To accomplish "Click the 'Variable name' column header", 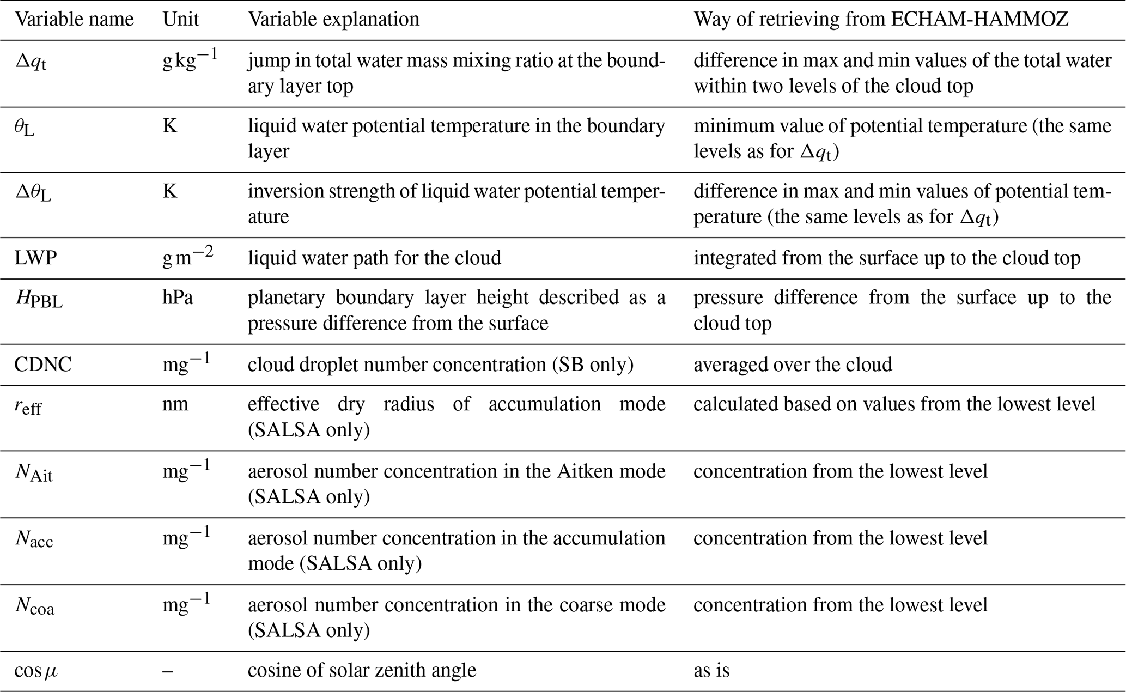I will pyautogui.click(x=74, y=20).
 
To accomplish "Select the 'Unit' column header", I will pyautogui.click(x=181, y=20).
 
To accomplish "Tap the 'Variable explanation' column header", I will pyautogui.click(x=333, y=20).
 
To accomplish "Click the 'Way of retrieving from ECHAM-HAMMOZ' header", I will pyautogui.click(x=881, y=20).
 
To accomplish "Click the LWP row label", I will pyautogui.click(x=36, y=258).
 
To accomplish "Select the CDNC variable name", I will pyautogui.click(x=43, y=365).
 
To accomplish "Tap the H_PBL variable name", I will pyautogui.click(x=39, y=299).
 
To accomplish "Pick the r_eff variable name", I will pyautogui.click(x=28, y=406).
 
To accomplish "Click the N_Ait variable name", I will pyautogui.click(x=34, y=472).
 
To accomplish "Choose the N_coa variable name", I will pyautogui.click(x=35, y=606).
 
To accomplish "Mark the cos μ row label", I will pyautogui.click(x=36, y=670).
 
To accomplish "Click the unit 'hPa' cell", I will pyautogui.click(x=178, y=298).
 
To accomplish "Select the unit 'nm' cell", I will pyautogui.click(x=175, y=404).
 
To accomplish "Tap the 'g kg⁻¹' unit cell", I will pyautogui.click(x=190, y=60).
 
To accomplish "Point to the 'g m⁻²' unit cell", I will pyautogui.click(x=187, y=257).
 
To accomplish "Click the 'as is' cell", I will pyautogui.click(x=711, y=670).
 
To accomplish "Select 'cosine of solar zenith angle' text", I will pyautogui.click(x=362, y=670).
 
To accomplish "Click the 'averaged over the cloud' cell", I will pyautogui.click(x=793, y=364).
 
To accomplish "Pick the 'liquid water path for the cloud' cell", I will pyautogui.click(x=374, y=258).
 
